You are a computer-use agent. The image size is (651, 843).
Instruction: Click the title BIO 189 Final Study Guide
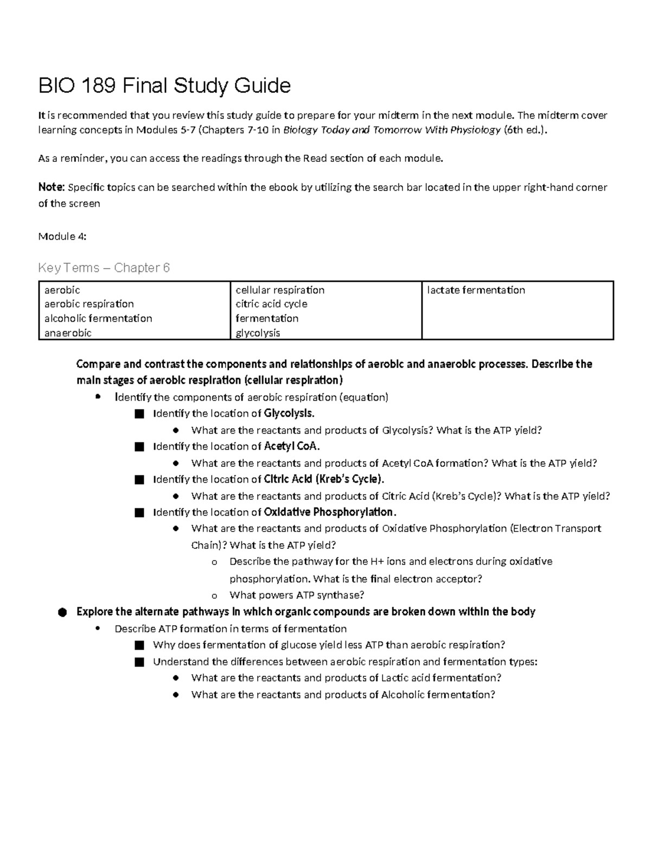click(x=164, y=86)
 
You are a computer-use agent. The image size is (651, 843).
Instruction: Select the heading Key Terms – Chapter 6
click(x=104, y=268)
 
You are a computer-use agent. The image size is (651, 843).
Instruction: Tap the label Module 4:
click(x=62, y=236)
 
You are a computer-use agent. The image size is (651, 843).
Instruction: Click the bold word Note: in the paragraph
click(x=52, y=187)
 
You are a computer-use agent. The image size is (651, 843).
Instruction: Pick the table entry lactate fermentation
click(x=476, y=290)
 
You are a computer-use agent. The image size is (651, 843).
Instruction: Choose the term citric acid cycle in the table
click(x=271, y=304)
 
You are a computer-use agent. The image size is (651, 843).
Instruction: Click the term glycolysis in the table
click(x=258, y=333)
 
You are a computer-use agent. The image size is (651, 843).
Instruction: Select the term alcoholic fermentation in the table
click(x=98, y=319)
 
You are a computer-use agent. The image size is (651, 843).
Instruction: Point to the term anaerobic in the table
click(x=68, y=333)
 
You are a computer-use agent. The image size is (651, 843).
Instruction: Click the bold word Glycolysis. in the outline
click(x=289, y=414)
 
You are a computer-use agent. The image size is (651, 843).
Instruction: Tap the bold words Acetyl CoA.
click(x=291, y=446)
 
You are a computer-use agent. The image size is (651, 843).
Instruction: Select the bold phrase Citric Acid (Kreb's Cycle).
click(x=323, y=479)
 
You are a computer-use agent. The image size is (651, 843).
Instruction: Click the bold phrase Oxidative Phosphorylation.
click(x=329, y=512)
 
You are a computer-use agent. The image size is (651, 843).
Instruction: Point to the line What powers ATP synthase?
click(x=297, y=595)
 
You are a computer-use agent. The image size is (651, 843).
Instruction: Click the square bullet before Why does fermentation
click(x=139, y=645)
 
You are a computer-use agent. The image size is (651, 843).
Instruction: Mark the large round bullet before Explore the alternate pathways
click(x=62, y=612)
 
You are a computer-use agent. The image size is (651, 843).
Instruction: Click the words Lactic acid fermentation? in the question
click(x=441, y=678)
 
